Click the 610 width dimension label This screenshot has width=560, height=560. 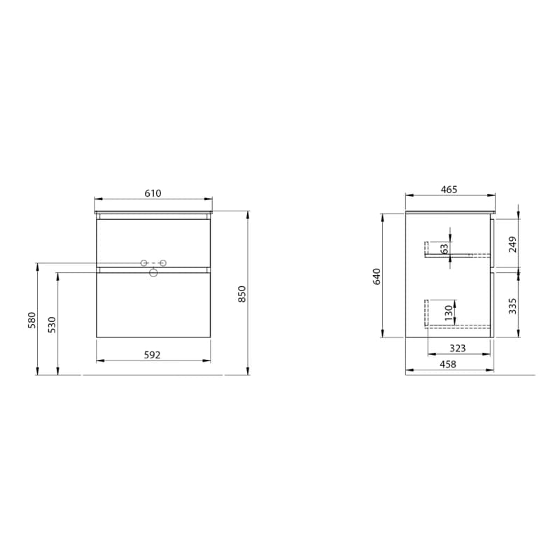click(x=153, y=193)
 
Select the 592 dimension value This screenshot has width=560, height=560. click(x=152, y=355)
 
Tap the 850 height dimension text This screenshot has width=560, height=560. click(x=242, y=294)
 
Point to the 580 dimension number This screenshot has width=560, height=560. click(x=32, y=321)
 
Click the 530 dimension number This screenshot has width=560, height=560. click(x=52, y=325)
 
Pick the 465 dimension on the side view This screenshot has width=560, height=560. click(x=449, y=190)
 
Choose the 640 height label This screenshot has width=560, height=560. click(x=377, y=276)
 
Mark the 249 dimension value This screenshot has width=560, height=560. click(x=512, y=244)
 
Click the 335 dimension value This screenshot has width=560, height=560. click(x=512, y=306)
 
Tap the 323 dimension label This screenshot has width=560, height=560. click(x=458, y=348)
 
